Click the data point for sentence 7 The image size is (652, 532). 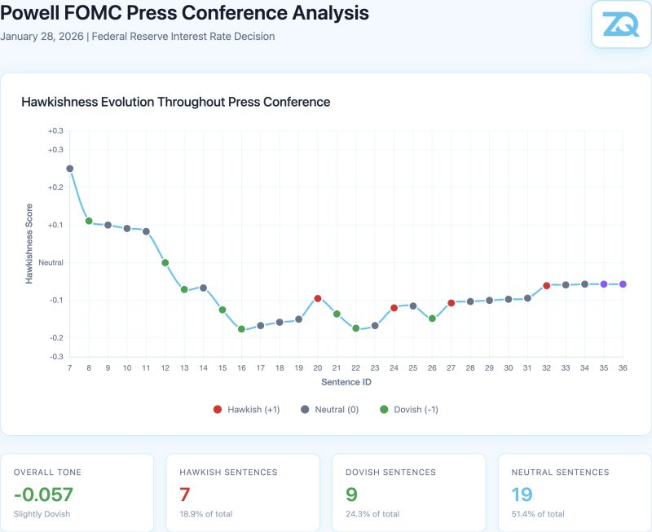coord(70,169)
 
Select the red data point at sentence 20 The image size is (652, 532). coord(318,298)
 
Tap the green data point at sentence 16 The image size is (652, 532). coord(241,329)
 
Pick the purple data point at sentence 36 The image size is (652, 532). coord(623,284)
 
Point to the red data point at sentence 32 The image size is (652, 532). coord(546,285)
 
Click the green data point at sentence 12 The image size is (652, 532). coord(165,262)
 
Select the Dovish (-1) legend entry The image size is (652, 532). coord(409,410)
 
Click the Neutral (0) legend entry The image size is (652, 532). coord(329,410)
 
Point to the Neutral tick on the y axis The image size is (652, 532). coord(51,262)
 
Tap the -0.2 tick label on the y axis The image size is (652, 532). coord(55,337)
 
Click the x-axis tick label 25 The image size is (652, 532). coord(413,368)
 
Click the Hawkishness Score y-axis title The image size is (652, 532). coord(29,243)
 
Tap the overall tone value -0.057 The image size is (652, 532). coord(43,494)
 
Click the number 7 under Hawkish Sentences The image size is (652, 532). coord(185,494)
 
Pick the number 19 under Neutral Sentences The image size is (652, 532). coord(523,494)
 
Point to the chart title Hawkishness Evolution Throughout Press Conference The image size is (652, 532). coord(175,102)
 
